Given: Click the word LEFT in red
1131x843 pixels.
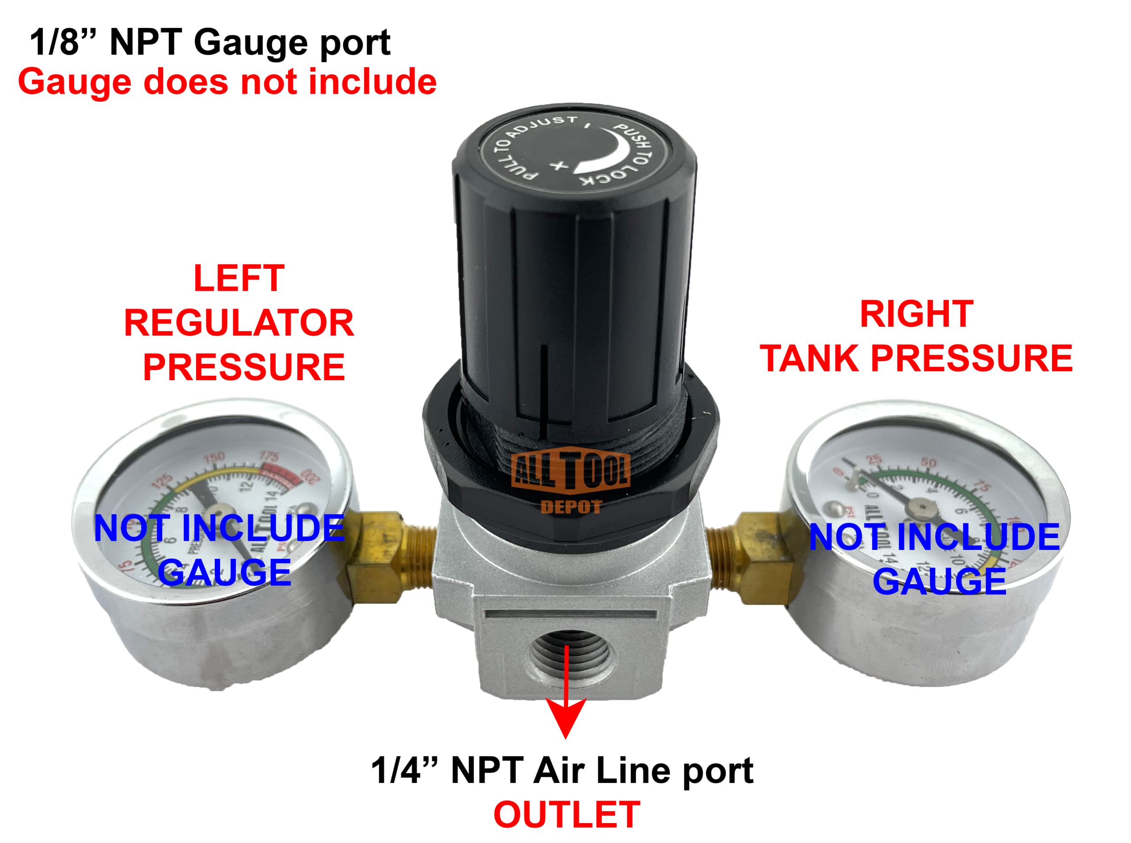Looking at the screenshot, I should [x=239, y=278].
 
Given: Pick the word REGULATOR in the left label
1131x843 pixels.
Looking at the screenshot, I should [x=239, y=323].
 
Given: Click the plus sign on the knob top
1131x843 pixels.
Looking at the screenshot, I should [x=559, y=165].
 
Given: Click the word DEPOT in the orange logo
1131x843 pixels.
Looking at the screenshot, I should [x=571, y=507].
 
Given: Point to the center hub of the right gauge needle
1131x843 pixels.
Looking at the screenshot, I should [x=922, y=507].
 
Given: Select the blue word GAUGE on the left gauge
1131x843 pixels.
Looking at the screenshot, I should [x=224, y=572].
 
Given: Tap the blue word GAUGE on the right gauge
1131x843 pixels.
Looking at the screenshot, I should [x=939, y=581].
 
